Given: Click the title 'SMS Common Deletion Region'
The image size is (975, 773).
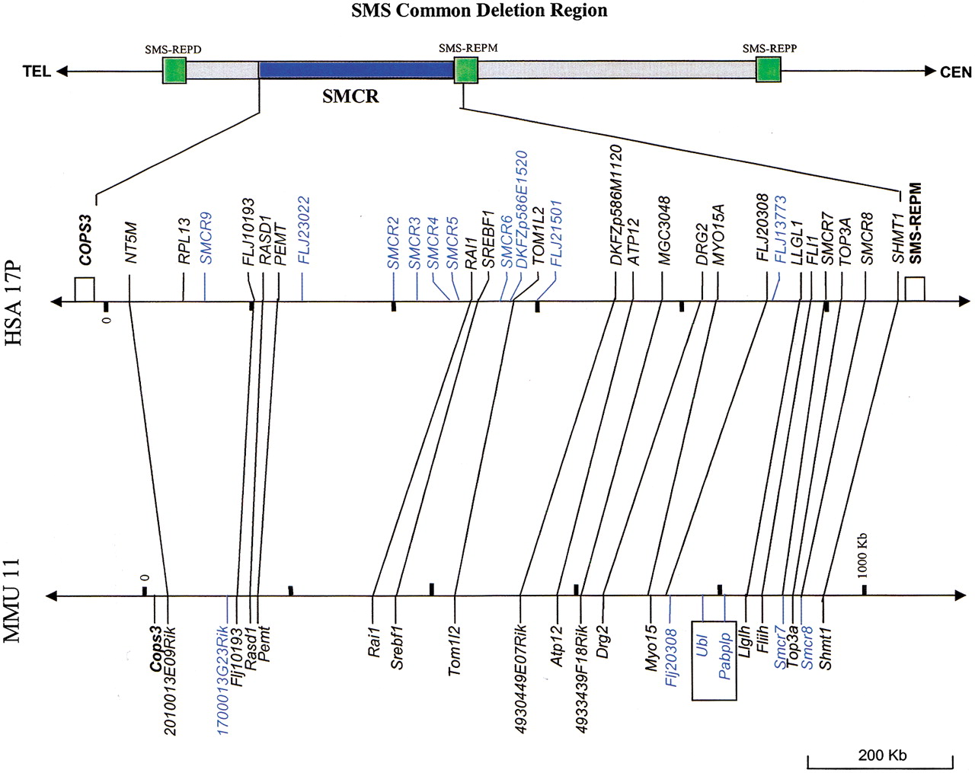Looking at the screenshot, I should pos(479,11).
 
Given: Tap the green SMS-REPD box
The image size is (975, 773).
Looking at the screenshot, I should pos(174,71).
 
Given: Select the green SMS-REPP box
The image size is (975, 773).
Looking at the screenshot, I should pos(769,70).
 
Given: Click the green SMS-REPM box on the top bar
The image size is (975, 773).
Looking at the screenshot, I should pos(466,71).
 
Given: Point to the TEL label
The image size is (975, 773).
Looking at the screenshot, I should pos(37,72).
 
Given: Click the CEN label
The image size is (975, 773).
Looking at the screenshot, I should pos(955,72).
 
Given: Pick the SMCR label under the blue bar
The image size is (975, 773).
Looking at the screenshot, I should pos(350,97).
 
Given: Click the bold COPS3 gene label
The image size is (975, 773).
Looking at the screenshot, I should pos(85,239).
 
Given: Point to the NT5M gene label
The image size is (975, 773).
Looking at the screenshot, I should pos(131,243).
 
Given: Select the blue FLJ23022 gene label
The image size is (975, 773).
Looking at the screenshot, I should pos(303,231).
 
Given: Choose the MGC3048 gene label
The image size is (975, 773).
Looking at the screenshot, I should pos(663,231).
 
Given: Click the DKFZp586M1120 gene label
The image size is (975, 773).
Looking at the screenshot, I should pos(615,205).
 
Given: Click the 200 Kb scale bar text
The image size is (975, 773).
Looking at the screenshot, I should pos(882,755).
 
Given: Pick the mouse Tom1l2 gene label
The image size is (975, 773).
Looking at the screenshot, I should pos(455,650).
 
